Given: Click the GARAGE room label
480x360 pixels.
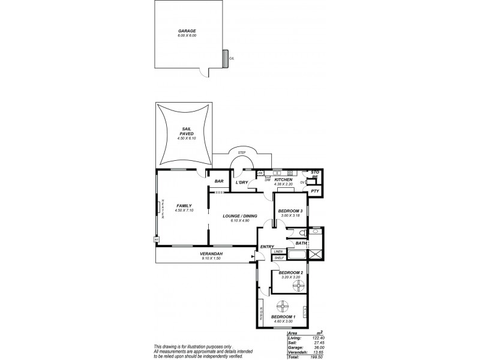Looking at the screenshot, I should [187, 31].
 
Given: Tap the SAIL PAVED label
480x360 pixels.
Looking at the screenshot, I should [187, 131].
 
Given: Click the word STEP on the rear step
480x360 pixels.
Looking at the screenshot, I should [242, 152].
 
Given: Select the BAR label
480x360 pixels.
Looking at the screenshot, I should [219, 181].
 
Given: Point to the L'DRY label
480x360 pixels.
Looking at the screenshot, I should [242, 182].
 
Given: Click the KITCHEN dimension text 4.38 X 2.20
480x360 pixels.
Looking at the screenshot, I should [283, 184].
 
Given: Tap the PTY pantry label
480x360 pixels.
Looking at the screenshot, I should [314, 191].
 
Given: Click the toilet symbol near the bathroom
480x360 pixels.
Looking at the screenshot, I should [304, 233].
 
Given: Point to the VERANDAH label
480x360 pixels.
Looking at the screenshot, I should [211, 254].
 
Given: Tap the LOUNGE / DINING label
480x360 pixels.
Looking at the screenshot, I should [239, 217].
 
